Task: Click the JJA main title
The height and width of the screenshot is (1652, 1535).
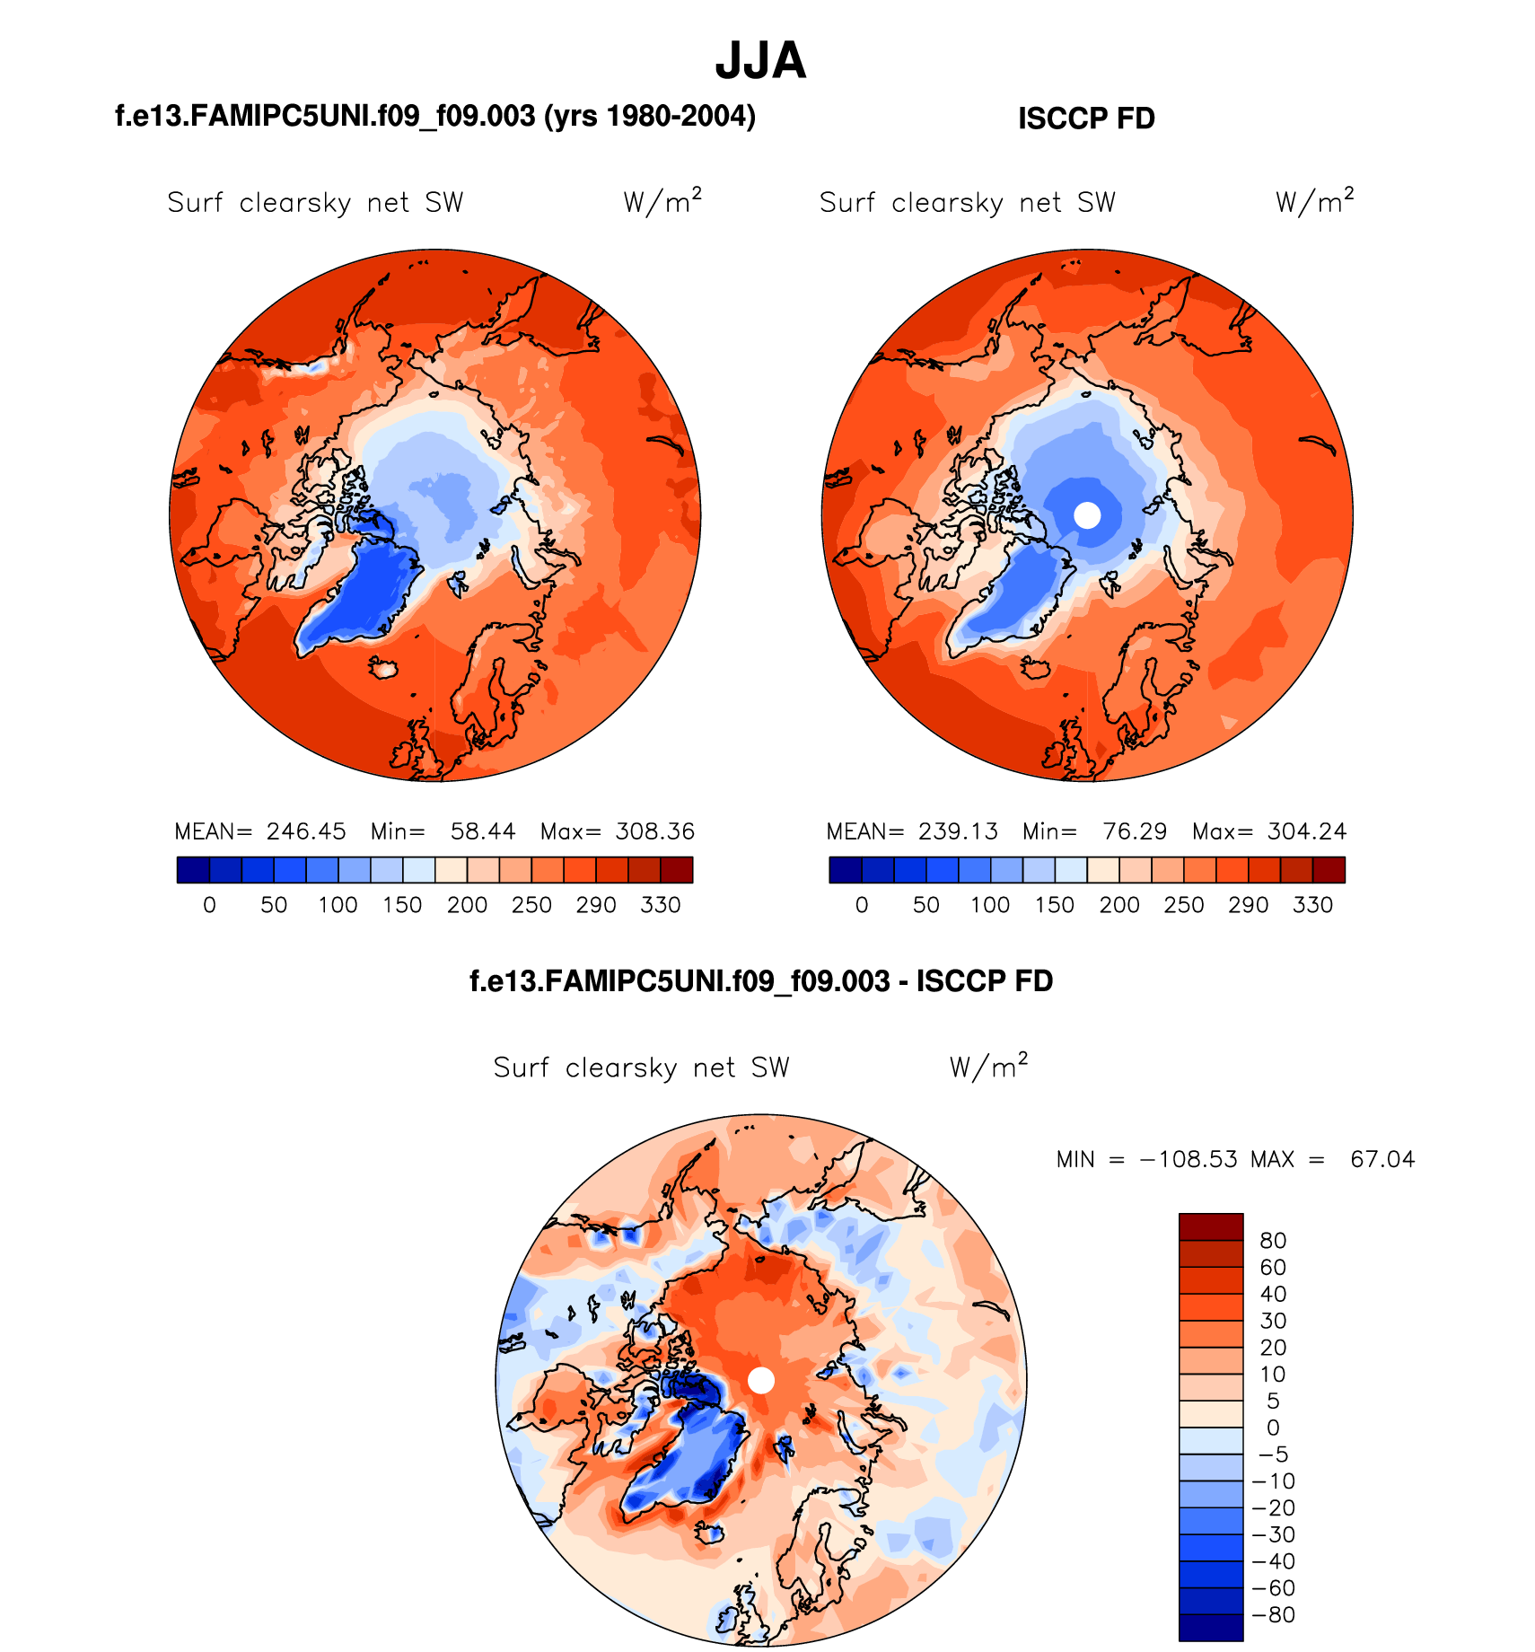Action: pyautogui.click(x=760, y=61)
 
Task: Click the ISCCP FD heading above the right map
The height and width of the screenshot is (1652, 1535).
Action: pyautogui.click(x=1086, y=119)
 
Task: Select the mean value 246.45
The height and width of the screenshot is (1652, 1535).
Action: pyautogui.click(x=306, y=831)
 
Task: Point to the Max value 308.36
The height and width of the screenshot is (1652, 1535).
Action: pyautogui.click(x=654, y=831)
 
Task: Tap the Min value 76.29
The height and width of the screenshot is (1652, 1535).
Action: pyautogui.click(x=1135, y=831)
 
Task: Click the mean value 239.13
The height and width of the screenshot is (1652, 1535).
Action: pyautogui.click(x=958, y=831)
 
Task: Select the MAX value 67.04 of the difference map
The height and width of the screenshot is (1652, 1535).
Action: pyautogui.click(x=1382, y=1159)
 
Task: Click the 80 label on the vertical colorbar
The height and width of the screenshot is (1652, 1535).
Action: pyautogui.click(x=1273, y=1241)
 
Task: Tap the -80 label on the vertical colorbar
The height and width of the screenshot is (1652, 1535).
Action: pyautogui.click(x=1273, y=1615)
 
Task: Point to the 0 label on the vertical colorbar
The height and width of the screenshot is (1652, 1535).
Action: pyautogui.click(x=1273, y=1428)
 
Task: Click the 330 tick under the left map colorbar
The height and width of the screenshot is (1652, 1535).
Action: pyautogui.click(x=661, y=905)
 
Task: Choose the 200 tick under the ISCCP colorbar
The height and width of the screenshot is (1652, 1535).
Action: pyautogui.click(x=1119, y=905)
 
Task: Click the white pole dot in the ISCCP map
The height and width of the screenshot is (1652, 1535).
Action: pyautogui.click(x=1087, y=515)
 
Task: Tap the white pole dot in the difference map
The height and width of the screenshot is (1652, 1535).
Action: pyautogui.click(x=761, y=1380)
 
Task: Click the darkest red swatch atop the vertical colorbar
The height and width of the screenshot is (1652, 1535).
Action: pyautogui.click(x=1211, y=1226)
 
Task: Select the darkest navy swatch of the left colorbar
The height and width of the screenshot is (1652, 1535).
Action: pyautogui.click(x=193, y=870)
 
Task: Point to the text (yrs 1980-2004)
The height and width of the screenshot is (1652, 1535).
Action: pyautogui.click(x=650, y=116)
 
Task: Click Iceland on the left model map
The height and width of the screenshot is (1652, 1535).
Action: pyautogui.click(x=385, y=667)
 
